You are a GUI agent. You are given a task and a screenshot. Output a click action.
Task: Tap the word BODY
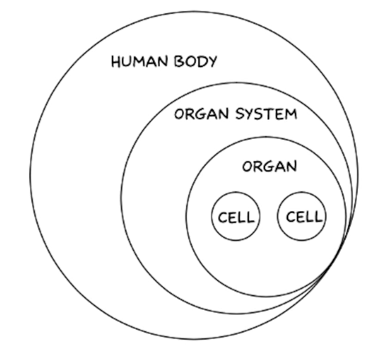point(196,62)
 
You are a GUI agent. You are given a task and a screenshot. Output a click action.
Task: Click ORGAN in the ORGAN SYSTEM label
point(202,114)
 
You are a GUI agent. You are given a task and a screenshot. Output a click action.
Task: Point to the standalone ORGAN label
point(269,166)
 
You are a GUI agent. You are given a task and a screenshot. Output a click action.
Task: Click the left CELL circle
point(236,216)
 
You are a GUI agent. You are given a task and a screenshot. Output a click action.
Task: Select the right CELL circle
point(302,216)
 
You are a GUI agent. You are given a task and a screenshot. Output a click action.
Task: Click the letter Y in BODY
point(212,62)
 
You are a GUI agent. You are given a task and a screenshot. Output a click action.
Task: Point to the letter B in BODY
point(179,62)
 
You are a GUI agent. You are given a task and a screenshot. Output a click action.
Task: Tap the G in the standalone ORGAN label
point(269,166)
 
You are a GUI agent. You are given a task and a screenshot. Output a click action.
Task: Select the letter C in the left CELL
point(222,217)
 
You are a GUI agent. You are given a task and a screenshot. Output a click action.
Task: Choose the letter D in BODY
point(202,62)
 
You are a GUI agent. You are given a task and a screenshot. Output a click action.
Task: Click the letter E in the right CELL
point(300,217)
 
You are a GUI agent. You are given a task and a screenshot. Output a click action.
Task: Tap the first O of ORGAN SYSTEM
point(179,114)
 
